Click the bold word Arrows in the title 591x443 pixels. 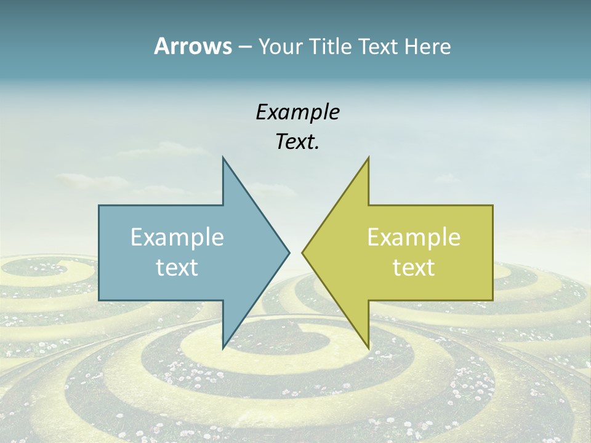192,46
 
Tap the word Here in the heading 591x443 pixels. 427,46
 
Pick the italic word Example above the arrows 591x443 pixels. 297,112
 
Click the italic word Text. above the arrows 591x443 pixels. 297,142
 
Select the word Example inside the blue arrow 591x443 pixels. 177,237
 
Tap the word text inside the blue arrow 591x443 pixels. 177,267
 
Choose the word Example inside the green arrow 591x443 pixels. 414,237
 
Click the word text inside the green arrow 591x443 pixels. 414,267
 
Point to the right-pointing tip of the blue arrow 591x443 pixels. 289,252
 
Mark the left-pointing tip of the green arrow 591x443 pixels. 302,252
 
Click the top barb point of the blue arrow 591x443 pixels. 223,157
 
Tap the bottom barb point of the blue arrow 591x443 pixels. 223,348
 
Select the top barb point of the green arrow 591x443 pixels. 368,157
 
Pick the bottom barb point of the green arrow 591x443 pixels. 368,348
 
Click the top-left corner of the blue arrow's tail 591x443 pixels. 99,206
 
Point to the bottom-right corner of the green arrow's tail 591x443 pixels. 492,300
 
